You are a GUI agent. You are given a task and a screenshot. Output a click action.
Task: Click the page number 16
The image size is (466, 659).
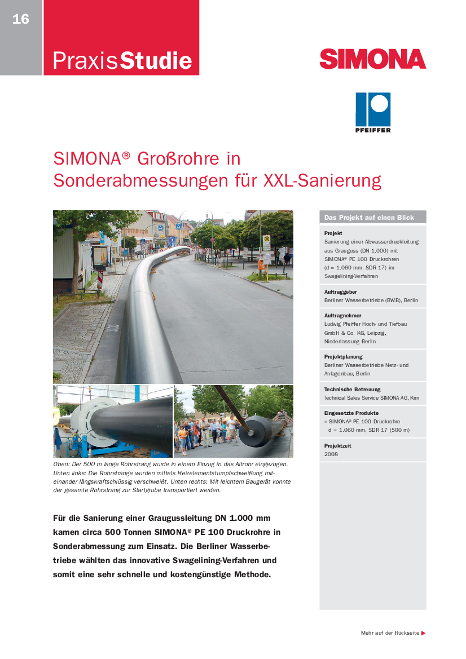pos(20,19)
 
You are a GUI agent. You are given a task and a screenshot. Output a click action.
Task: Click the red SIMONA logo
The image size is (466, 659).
pos(372,59)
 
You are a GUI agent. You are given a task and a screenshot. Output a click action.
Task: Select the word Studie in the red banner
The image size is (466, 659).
pos(156,60)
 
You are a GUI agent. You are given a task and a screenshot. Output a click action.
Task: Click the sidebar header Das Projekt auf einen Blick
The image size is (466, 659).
pos(369,218)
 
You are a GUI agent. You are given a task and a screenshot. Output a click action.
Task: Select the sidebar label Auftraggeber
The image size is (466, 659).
pos(340,292)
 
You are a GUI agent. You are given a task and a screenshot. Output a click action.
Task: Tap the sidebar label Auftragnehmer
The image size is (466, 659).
pos(342,316)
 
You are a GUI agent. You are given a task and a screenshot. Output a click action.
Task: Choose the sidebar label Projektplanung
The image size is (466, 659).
pos(343,357)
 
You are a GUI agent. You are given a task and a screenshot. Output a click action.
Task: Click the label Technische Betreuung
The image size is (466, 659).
pos(352,390)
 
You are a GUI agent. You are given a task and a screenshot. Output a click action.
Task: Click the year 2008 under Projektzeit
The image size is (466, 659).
pos(331,454)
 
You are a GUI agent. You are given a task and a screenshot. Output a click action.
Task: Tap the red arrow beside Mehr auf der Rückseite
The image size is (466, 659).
pos(423,633)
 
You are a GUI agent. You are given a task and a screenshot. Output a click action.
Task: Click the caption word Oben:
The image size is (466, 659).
pos(61,464)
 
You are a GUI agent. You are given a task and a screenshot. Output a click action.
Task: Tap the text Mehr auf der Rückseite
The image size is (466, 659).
pos(390,633)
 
